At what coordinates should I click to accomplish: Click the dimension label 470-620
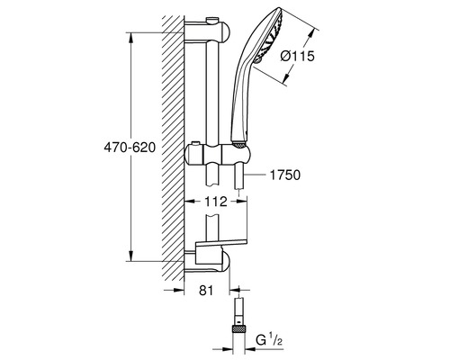(130, 148)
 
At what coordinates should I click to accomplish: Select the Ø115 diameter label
(297, 56)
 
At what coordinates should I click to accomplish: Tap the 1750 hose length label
(285, 175)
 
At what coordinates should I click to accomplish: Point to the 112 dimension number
(216, 202)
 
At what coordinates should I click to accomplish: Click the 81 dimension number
(206, 290)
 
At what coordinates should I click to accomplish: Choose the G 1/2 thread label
(269, 341)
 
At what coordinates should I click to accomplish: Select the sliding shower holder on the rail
(217, 154)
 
